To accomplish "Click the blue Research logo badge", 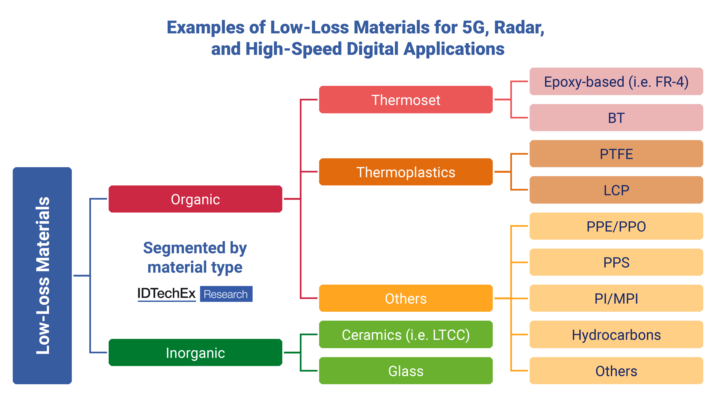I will tap(226, 294).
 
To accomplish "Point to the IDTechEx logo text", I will tap(167, 293).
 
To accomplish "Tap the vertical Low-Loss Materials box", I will tap(42, 275).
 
